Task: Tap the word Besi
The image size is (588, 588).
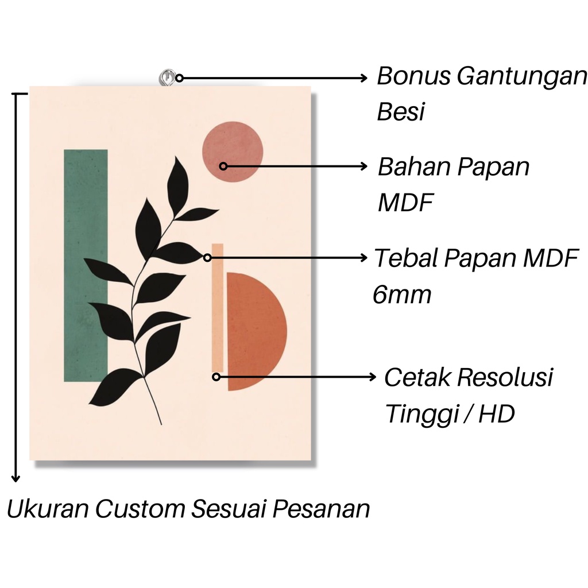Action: [400, 112]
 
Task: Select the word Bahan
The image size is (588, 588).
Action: [413, 168]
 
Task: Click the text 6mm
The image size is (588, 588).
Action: [401, 295]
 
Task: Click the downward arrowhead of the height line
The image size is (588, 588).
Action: [17, 478]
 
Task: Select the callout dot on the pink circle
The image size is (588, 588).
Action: [224, 166]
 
